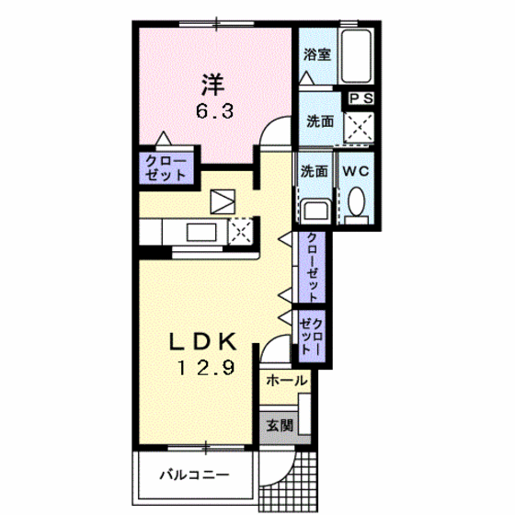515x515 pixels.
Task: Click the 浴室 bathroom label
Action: (x=316, y=54)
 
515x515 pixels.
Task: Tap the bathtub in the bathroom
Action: (x=357, y=56)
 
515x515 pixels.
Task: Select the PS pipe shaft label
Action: (x=361, y=98)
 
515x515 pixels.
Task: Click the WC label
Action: (x=356, y=171)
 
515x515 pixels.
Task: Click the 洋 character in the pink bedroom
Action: (x=213, y=85)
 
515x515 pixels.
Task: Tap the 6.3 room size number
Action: (x=214, y=111)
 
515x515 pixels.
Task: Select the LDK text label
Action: (x=202, y=341)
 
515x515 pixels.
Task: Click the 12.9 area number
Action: (x=206, y=368)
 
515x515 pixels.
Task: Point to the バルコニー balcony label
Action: (x=194, y=475)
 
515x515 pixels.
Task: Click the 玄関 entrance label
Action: (x=280, y=426)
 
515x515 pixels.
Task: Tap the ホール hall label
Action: (x=286, y=381)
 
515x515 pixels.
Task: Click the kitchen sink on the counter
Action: (x=201, y=232)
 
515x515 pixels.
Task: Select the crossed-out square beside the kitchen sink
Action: (x=241, y=232)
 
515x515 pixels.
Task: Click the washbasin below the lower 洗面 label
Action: (x=315, y=212)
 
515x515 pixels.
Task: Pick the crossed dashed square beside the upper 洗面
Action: (x=359, y=127)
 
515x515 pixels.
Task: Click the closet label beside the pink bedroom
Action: (x=166, y=168)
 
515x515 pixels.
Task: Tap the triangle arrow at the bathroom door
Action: (x=307, y=78)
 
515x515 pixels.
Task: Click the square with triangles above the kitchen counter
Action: (x=223, y=201)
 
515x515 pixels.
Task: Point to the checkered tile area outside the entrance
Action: (x=288, y=483)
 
